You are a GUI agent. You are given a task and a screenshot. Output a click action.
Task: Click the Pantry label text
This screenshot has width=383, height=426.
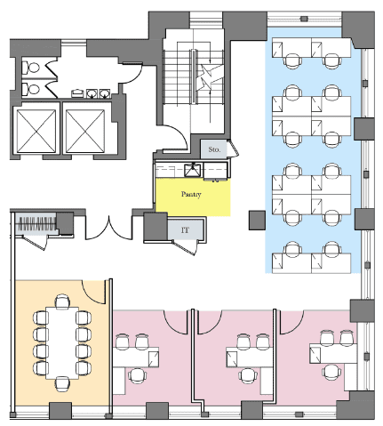click(191, 194)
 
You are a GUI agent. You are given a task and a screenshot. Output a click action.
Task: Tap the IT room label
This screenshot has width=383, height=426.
click(185, 230)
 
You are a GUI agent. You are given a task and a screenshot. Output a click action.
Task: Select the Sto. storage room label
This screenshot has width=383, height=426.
click(214, 149)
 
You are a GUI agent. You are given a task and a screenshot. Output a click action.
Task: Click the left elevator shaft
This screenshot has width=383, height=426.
click(36, 131)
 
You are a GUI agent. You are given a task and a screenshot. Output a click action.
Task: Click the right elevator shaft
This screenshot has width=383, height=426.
click(85, 131)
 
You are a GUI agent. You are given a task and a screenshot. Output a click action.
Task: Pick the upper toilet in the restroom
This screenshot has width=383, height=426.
click(31, 68)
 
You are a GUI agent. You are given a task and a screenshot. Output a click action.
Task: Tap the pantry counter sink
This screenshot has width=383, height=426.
click(193, 170)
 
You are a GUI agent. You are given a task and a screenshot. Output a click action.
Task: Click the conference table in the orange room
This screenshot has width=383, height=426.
click(62, 343)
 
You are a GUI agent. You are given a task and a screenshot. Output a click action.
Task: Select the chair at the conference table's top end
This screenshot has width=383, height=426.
click(62, 301)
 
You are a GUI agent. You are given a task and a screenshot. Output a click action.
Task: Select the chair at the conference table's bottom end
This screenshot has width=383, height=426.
click(62, 384)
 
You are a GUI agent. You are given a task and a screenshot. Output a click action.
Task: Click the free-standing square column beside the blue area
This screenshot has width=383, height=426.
click(257, 221)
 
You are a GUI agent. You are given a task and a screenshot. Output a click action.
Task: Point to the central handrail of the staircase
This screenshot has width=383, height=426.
click(193, 76)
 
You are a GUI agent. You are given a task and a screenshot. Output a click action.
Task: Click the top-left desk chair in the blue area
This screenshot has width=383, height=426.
click(292, 60)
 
